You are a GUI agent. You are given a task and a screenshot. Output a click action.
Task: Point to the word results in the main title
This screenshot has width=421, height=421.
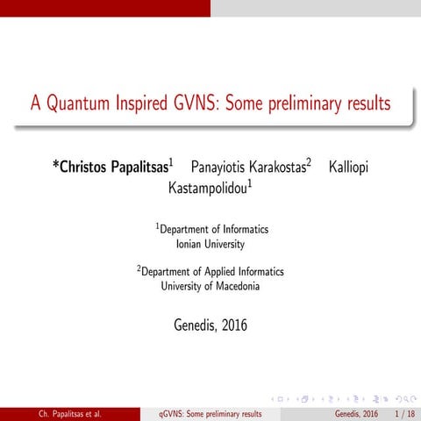click(367, 104)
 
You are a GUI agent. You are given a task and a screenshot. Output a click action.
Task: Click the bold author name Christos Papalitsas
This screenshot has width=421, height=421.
click(115, 166)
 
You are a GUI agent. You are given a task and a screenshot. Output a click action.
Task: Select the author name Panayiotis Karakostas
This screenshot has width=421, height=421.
click(246, 166)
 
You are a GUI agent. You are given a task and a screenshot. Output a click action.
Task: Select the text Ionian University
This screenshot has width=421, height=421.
click(210, 244)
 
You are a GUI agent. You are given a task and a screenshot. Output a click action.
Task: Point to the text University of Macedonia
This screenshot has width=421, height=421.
click(210, 286)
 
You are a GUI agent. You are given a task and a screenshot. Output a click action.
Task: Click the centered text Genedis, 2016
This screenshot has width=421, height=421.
click(210, 325)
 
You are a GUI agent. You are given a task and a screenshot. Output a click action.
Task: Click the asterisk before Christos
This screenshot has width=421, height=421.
click(56, 163)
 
